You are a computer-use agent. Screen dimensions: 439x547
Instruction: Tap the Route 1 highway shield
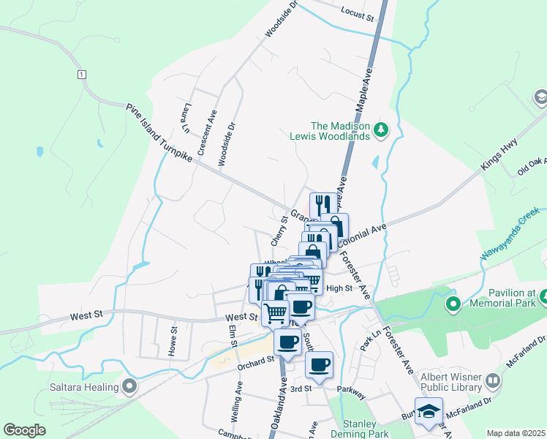point(81,74)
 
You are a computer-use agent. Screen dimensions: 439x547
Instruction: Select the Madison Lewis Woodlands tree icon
point(380,130)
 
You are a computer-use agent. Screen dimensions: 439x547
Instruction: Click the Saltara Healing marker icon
point(131,386)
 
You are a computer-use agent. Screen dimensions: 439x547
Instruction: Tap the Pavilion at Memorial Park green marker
point(453,302)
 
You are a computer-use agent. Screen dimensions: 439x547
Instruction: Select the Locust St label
point(358,12)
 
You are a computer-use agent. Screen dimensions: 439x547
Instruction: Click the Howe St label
point(174,339)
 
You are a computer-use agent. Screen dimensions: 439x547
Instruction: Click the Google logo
point(24,430)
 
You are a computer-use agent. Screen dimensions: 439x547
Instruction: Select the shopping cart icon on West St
point(276,312)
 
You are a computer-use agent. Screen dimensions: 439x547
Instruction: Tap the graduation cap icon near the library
point(429,410)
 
